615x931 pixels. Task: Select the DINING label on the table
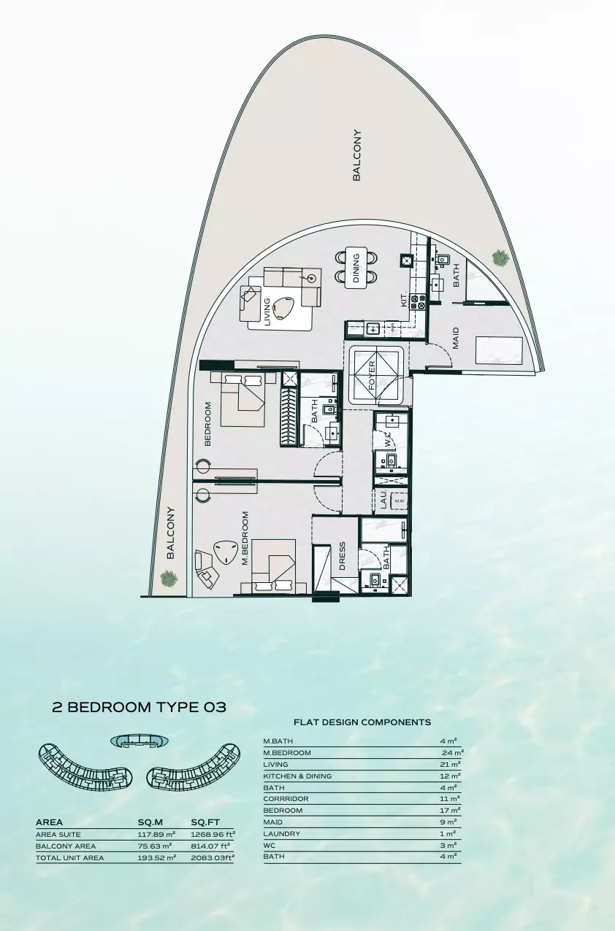click(x=356, y=267)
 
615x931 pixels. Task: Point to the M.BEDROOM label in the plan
click(x=245, y=538)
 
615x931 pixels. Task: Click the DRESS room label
click(x=342, y=556)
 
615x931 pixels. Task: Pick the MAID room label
click(x=456, y=337)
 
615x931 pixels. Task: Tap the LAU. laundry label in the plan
click(x=382, y=500)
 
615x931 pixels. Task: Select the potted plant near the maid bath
click(x=500, y=257)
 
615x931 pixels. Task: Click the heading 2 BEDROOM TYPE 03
click(x=139, y=707)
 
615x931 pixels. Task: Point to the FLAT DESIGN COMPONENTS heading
click(x=362, y=722)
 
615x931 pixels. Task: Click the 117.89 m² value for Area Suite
click(x=157, y=834)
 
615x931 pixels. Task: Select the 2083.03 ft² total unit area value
click(x=213, y=858)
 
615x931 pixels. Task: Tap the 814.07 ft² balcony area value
click(x=211, y=846)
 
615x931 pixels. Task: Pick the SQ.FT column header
click(x=205, y=822)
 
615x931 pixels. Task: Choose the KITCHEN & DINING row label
click(x=297, y=776)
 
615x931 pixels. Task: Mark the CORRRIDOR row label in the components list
click(x=286, y=799)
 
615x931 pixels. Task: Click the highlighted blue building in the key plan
click(x=137, y=741)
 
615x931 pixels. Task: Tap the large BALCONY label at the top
click(x=356, y=155)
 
